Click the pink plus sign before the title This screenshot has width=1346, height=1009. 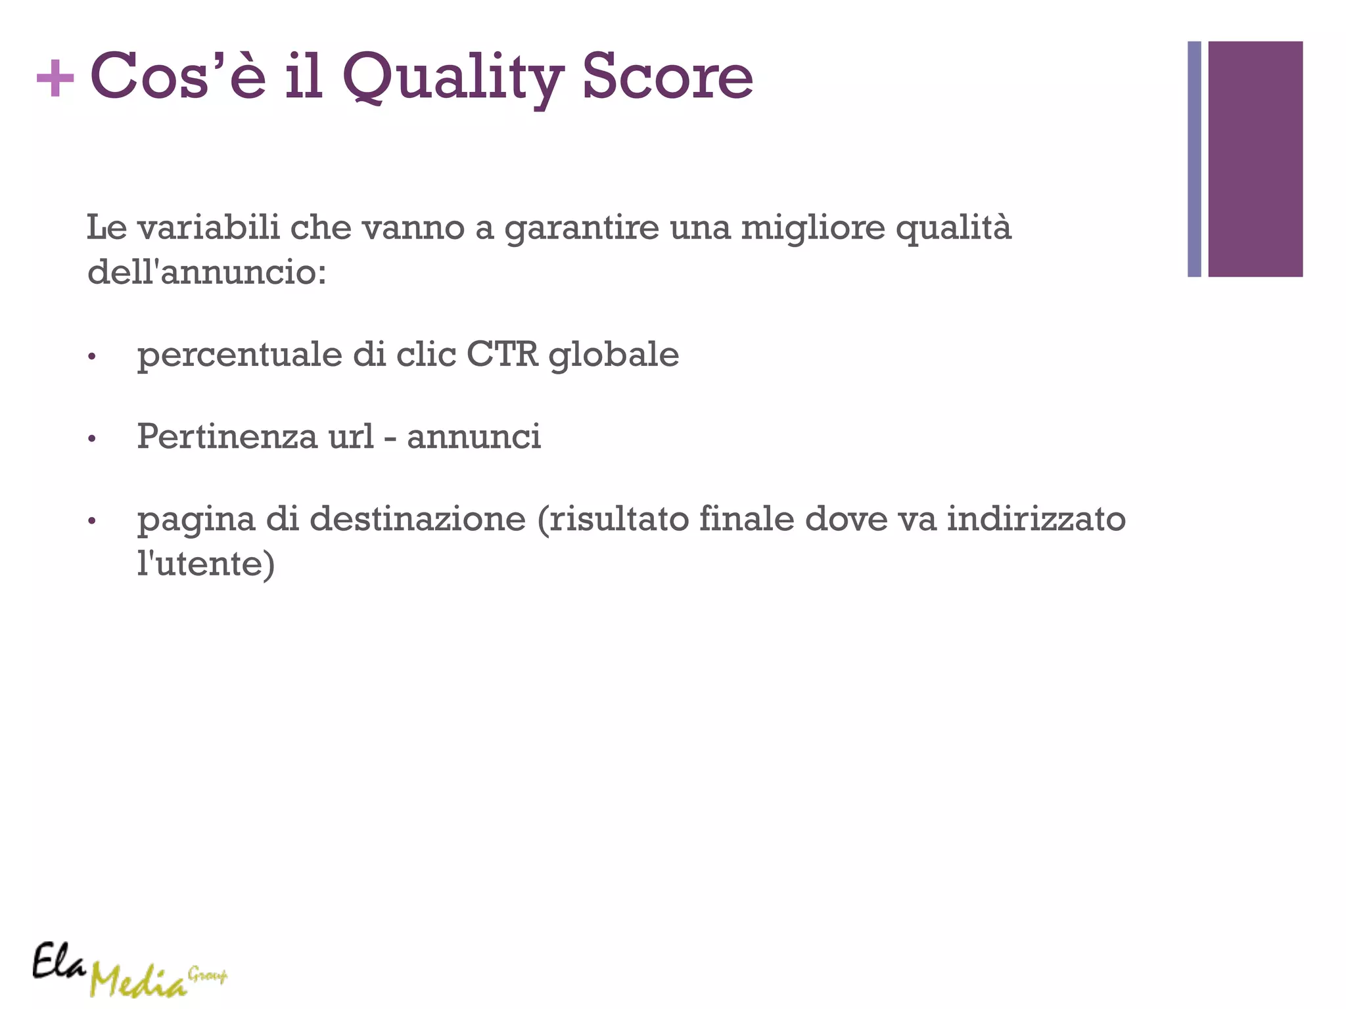55,79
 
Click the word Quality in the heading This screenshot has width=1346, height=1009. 453,79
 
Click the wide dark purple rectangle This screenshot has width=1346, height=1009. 1255,159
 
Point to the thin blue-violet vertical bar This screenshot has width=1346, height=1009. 1194,159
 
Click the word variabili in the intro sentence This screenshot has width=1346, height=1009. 209,227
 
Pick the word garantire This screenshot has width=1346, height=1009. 582,229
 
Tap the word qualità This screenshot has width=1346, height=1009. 953,229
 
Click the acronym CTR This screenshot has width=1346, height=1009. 502,355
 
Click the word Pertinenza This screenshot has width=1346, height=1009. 227,436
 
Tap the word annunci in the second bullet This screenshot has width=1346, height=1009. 474,437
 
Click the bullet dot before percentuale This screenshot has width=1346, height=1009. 92,357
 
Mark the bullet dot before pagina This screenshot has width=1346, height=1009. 92,522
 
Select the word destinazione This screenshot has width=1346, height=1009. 417,519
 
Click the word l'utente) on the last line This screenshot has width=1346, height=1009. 206,563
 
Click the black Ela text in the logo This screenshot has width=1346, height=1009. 59,962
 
